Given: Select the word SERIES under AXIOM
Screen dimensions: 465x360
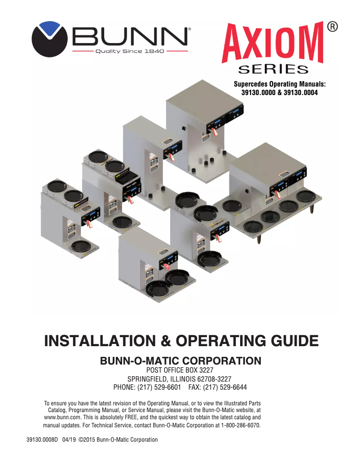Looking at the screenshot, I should tap(273, 69).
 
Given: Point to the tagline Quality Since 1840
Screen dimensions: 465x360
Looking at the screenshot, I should tap(130, 51).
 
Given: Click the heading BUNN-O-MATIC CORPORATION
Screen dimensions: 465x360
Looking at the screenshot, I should tap(180, 361).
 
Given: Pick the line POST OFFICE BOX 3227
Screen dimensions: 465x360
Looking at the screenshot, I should tap(180, 370).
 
